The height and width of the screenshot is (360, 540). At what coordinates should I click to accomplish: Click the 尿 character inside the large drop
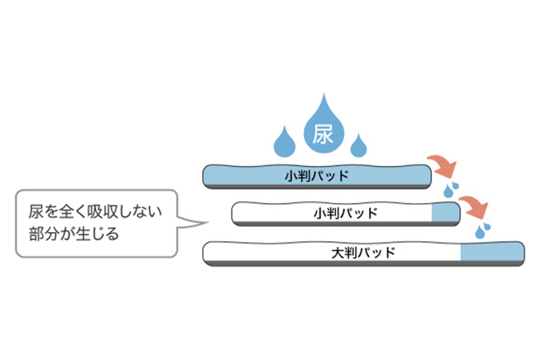point(323,134)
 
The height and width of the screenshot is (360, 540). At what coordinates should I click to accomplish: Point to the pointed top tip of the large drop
point(323,96)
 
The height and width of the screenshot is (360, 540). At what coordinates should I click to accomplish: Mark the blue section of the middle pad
point(444,212)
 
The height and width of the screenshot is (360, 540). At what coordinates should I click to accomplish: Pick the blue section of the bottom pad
point(491,252)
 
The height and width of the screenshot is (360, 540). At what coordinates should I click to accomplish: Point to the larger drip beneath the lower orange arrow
point(481,230)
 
